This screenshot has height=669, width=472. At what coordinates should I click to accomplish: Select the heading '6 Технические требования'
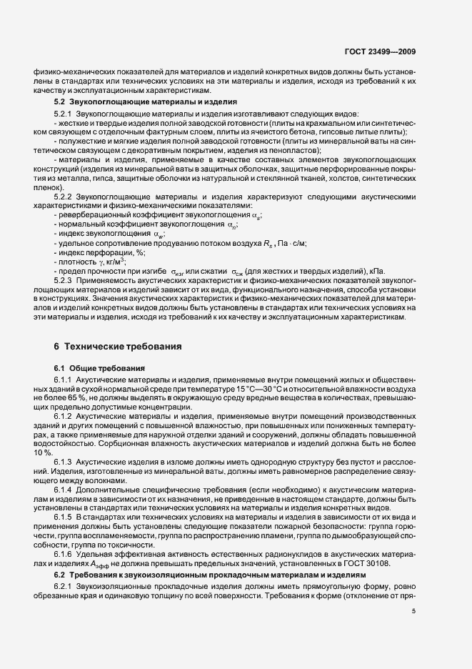[x=117, y=347]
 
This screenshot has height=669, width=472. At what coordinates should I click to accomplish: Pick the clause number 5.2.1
[x=63, y=114]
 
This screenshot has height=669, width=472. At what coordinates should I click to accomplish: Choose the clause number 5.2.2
[x=63, y=196]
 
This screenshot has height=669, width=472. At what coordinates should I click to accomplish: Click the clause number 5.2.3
[x=63, y=280]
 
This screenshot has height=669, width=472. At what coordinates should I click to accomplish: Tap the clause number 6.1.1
[x=63, y=379]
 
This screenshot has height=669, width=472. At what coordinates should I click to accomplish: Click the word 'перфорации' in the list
[x=105, y=252]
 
